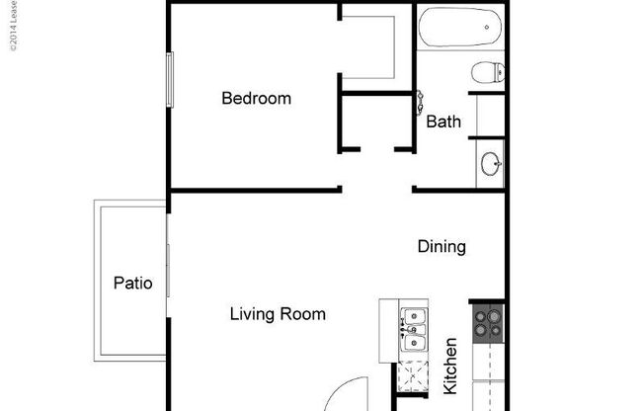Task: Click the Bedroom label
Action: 256,98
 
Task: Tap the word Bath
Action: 443,123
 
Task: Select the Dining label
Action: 441,246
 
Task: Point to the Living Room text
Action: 278,314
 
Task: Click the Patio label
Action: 132,283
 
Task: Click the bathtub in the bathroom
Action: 460,29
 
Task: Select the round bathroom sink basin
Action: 490,163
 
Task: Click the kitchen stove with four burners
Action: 487,325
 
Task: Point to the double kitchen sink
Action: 415,331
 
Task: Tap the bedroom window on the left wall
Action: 170,78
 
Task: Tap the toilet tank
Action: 500,71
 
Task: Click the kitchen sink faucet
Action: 404,330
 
